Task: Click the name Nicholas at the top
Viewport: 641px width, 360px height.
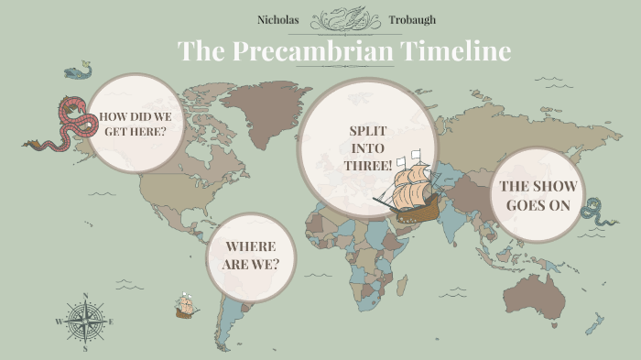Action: pyautogui.click(x=278, y=19)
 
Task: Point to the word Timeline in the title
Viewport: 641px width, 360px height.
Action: pyautogui.click(x=455, y=50)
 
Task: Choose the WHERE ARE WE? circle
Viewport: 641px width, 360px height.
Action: pyautogui.click(x=252, y=256)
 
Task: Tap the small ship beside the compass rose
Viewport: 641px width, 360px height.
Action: pyautogui.click(x=186, y=306)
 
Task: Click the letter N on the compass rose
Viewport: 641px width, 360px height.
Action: pyautogui.click(x=85, y=296)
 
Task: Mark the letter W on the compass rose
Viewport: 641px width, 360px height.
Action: pyautogui.click(x=59, y=322)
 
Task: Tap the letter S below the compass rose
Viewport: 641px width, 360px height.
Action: pyautogui.click(x=85, y=348)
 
